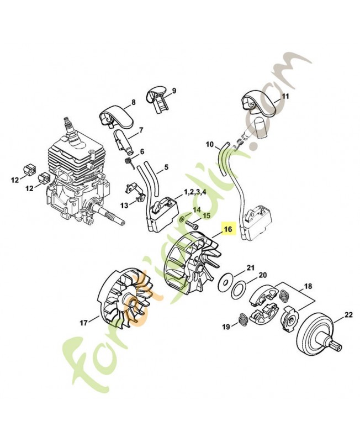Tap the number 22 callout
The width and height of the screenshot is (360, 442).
(348, 315)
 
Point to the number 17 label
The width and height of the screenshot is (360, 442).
(84, 322)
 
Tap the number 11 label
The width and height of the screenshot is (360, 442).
(285, 96)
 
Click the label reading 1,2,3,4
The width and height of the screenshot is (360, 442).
(195, 192)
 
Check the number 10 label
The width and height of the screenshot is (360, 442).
(209, 145)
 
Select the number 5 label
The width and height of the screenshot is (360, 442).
(166, 166)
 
